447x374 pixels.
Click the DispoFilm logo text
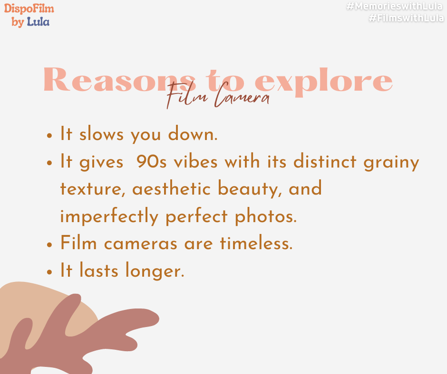coord(29,9)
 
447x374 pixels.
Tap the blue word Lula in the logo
coord(38,22)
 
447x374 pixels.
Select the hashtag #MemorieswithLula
coord(395,6)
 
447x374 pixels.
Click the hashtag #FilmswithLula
coord(406,18)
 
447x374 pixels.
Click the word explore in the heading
coord(323,82)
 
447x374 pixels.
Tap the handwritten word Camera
coord(242,96)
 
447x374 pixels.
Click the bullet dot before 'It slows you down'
coord(49,135)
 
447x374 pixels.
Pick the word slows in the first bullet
coord(101,133)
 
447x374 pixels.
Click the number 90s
coord(151,161)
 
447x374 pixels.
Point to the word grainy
coord(391,162)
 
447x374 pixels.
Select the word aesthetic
coord(171,188)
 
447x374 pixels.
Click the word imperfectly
coord(109,216)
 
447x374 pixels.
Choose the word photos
coord(266,216)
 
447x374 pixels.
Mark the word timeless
coord(256,243)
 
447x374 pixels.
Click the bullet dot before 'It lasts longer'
coord(49,272)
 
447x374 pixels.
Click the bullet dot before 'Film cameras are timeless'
coord(49,244)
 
